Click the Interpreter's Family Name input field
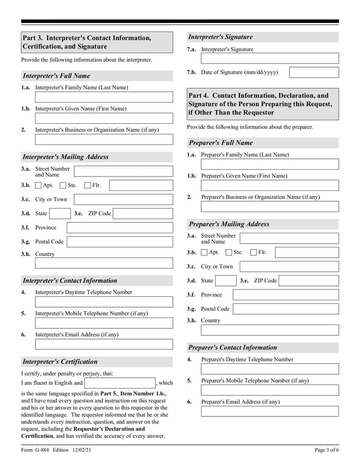(x=103, y=97)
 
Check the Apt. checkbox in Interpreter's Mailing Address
(x=38, y=185)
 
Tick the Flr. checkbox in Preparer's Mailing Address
(x=253, y=253)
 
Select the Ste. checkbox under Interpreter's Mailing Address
(x=63, y=185)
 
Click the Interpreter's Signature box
(x=270, y=59)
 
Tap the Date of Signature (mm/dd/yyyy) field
(x=314, y=72)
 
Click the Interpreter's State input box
(x=59, y=213)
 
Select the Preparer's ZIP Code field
(x=309, y=281)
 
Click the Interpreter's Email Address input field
(x=103, y=344)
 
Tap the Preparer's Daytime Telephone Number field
(x=270, y=369)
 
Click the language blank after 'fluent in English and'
(x=120, y=383)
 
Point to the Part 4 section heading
(x=263, y=104)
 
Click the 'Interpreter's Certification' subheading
(x=60, y=362)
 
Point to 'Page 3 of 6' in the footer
(x=326, y=450)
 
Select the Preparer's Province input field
(x=286, y=295)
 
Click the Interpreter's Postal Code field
(x=120, y=242)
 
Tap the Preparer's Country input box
(x=270, y=330)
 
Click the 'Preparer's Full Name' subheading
(x=220, y=143)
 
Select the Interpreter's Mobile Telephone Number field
(x=103, y=323)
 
